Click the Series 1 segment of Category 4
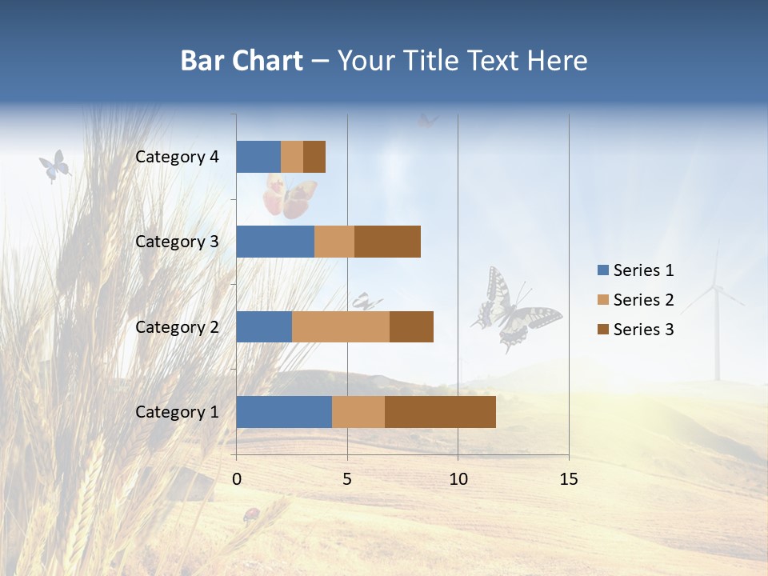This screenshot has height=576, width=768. pyautogui.click(x=258, y=157)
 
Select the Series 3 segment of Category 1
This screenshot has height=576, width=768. pyautogui.click(x=440, y=412)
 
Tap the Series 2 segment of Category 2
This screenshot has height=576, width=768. pyautogui.click(x=341, y=326)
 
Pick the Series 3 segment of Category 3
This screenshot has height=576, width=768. pyautogui.click(x=387, y=242)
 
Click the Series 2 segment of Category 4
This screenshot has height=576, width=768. pyautogui.click(x=292, y=157)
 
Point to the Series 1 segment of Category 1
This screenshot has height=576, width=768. pyautogui.click(x=284, y=412)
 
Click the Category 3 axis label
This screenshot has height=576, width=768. pyautogui.click(x=177, y=242)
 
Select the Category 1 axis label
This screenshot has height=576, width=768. pyautogui.click(x=177, y=412)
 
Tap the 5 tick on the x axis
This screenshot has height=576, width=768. pyautogui.click(x=347, y=479)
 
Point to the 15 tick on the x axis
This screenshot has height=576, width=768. pyautogui.click(x=568, y=479)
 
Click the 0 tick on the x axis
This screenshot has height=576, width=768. pyautogui.click(x=237, y=479)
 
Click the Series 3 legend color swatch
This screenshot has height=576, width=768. pyautogui.click(x=603, y=330)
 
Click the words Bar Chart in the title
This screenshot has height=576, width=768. pyautogui.click(x=242, y=61)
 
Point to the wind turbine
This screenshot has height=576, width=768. pyautogui.click(x=716, y=312)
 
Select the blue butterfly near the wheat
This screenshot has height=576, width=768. pyautogui.click(x=54, y=166)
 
